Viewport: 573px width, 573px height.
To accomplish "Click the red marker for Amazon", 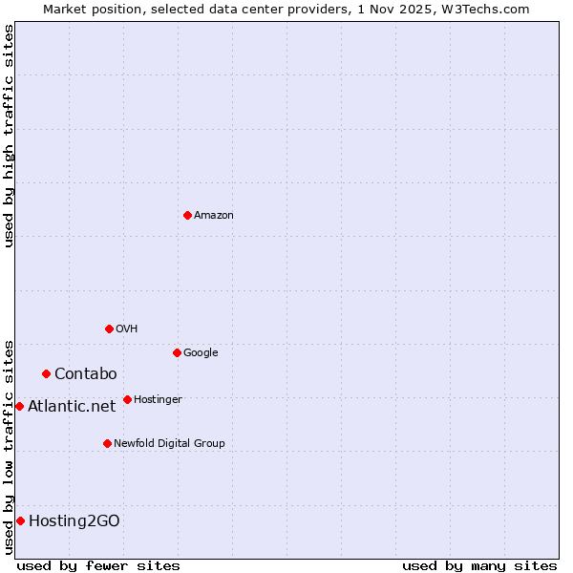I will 187,215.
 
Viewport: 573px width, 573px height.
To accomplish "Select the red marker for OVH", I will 109,329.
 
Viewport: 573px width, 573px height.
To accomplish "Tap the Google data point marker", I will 177,352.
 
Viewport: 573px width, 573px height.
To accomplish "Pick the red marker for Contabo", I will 46,373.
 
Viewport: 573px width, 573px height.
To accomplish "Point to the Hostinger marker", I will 127,399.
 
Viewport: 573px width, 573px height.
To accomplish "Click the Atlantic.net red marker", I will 19,406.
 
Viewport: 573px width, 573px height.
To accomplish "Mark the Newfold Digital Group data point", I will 107,443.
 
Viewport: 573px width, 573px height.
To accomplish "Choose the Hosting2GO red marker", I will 20,520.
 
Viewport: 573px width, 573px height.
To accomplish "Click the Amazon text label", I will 214,215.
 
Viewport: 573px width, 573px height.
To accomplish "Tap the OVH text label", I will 127,329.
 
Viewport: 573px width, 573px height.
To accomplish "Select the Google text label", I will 201,352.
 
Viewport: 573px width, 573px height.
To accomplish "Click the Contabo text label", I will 85,373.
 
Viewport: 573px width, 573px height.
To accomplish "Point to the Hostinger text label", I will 158,399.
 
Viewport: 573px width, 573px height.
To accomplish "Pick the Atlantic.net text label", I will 72,406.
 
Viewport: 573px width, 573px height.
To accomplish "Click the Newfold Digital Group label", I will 169,443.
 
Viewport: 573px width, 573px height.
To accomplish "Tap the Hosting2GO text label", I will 74,520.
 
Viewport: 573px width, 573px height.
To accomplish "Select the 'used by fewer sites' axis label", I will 98,565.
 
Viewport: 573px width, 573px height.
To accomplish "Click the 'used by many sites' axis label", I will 479,565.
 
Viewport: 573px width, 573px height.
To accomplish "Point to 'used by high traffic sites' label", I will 9,136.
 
